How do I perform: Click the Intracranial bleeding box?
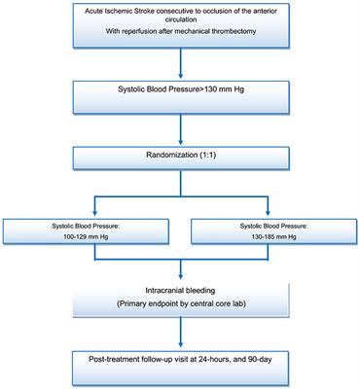(180, 307)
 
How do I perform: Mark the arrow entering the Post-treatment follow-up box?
(180, 339)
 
